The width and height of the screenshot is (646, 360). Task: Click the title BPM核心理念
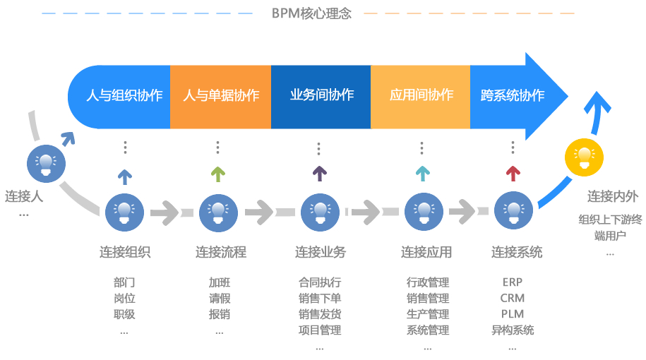coord(311,13)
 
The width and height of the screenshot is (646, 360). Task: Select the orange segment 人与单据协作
coord(221,95)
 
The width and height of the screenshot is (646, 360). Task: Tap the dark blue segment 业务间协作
coord(321,95)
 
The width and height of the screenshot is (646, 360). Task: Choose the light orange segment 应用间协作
coord(421,95)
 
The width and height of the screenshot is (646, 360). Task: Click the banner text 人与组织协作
coord(124,95)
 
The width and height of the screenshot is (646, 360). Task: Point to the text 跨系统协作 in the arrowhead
coord(512,95)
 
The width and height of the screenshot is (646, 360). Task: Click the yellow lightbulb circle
coord(584,157)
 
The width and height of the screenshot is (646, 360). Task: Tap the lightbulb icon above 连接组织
coord(125,210)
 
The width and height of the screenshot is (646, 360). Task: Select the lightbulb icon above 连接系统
coord(513,210)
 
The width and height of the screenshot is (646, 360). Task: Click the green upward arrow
coord(218,173)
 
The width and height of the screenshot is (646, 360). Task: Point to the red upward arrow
coord(513,173)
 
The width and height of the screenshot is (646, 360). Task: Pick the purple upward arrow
coord(319,173)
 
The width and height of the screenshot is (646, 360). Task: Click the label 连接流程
coord(221,252)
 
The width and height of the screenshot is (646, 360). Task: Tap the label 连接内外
coord(612,197)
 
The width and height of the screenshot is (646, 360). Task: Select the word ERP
coord(513,282)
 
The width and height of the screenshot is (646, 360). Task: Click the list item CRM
coord(513,298)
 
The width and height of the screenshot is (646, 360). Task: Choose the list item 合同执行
coord(320,282)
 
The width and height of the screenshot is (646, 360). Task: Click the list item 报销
coord(219,314)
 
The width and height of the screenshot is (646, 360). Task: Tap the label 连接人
coord(24,196)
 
